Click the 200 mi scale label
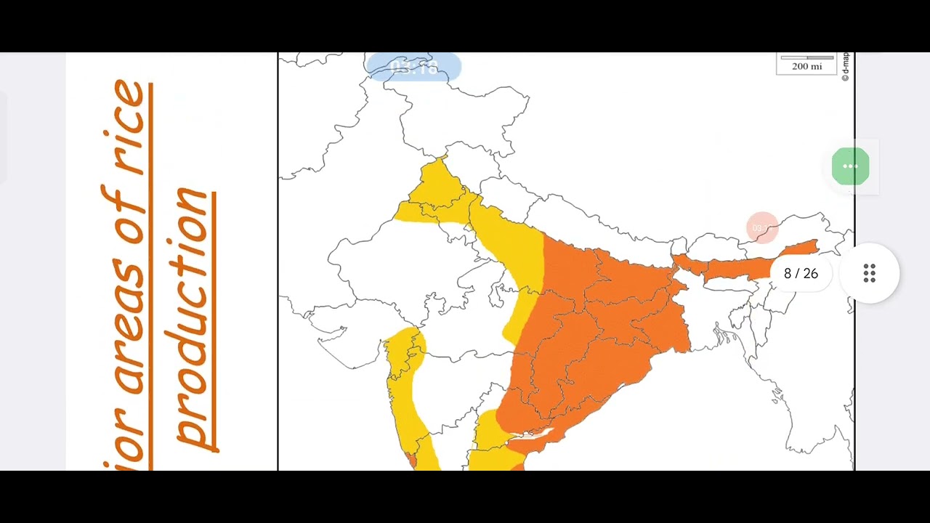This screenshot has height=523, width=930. [806, 66]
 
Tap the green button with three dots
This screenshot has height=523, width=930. [850, 166]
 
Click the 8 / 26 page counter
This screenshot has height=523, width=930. [801, 274]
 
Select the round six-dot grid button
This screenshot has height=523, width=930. [869, 274]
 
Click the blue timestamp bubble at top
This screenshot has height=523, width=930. [413, 67]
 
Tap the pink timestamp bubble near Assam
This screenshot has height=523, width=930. [761, 227]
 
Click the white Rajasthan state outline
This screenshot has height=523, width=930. [392, 261]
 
